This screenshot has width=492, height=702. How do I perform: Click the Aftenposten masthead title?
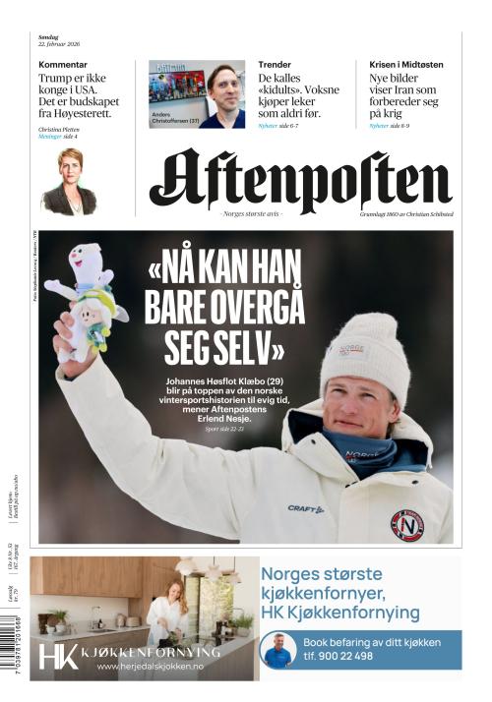(x=300, y=182)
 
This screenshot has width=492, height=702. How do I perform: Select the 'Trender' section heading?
(x=275, y=65)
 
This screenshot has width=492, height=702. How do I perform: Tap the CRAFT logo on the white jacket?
(x=305, y=508)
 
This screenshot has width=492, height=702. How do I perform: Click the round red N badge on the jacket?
(x=406, y=525)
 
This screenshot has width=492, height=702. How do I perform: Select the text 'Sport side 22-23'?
(x=228, y=431)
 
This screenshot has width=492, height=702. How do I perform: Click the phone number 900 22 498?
(x=371, y=656)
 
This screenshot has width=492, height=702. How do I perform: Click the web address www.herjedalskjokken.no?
(x=151, y=667)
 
